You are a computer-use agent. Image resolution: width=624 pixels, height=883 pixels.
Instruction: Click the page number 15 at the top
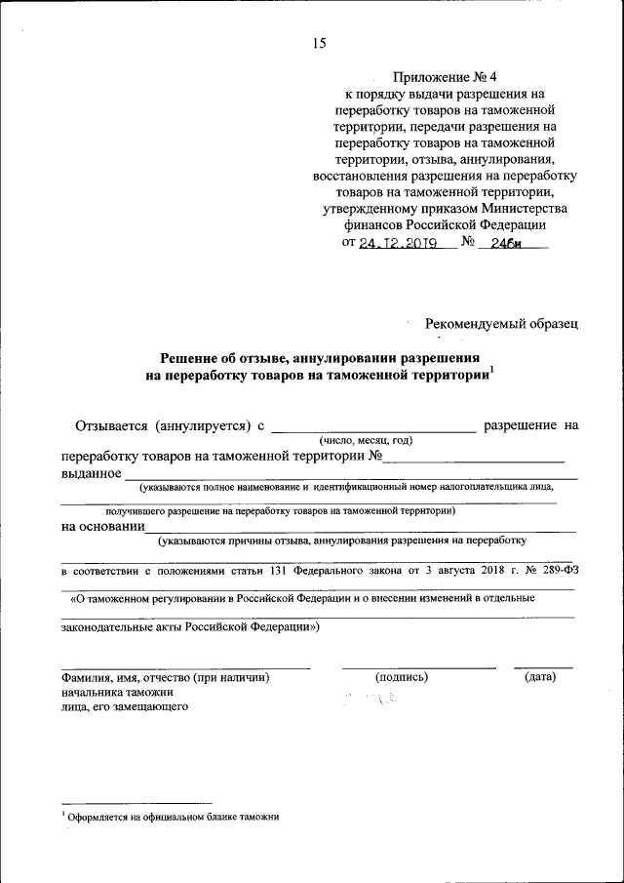pos(319,43)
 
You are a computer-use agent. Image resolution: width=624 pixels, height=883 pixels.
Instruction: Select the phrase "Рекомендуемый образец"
pos(501,322)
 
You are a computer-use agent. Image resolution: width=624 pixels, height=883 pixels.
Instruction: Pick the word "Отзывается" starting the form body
pos(110,425)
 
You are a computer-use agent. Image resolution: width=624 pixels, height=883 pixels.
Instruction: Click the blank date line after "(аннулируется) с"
pos(372,426)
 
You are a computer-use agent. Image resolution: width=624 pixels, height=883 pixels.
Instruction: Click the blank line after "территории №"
pos(473,455)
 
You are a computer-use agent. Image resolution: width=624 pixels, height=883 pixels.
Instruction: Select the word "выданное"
pos(91,473)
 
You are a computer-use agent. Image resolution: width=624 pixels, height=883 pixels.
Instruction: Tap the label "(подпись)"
pos(401,676)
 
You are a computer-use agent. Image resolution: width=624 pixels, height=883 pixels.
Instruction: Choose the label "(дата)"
pos(540,676)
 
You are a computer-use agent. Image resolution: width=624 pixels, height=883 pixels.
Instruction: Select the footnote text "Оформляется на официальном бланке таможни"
pos(173,818)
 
